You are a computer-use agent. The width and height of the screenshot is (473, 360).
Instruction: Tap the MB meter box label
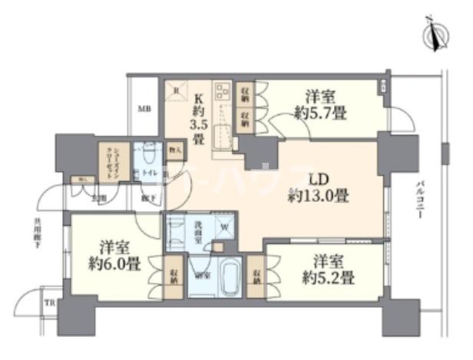pos(144,109)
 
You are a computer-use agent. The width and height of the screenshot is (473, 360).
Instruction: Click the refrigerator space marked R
pos(176,91)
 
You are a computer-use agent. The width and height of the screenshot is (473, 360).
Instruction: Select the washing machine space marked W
pos(224,226)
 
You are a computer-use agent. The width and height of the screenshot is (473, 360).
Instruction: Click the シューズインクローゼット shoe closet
pos(108,160)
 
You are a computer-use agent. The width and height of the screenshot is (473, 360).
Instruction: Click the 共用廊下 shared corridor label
pos(36,231)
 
